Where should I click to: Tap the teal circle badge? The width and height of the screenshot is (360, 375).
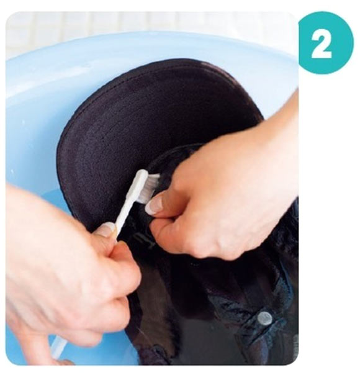326,43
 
